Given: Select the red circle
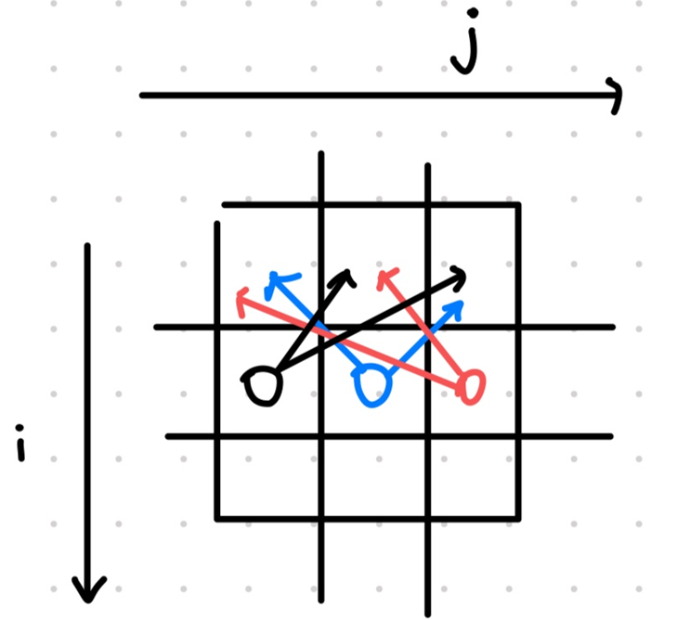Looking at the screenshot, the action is (x=471, y=386).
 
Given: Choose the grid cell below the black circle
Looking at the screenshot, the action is (x=268, y=477).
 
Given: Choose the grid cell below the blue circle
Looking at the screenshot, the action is (x=373, y=477).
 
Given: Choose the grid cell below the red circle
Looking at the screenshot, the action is (x=473, y=477).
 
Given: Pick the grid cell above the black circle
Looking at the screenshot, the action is (x=268, y=265).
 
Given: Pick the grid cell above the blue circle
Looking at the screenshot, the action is (x=373, y=265).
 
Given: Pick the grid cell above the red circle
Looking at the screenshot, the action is (x=473, y=265).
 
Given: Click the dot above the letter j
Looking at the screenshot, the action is (x=474, y=14).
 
